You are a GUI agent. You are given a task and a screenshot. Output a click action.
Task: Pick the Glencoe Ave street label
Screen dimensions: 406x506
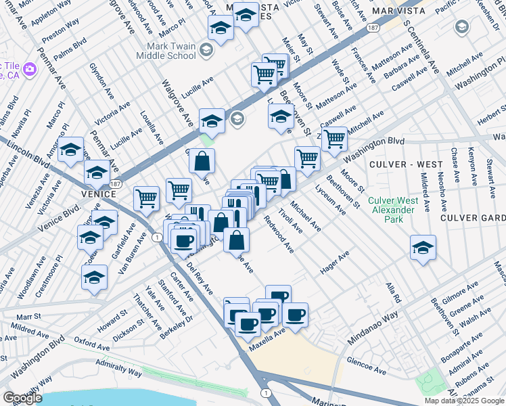[366, 366]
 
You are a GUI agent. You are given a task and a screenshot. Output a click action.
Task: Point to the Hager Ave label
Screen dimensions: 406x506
[334, 261]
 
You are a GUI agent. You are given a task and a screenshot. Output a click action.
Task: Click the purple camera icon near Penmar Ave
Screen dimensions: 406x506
[29, 69]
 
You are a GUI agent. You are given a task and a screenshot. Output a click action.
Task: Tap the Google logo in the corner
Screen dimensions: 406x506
[22, 398]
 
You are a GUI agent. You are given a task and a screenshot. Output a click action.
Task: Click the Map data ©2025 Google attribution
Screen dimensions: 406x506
[464, 401]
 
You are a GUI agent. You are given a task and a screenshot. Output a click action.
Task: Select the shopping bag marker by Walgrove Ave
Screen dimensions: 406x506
[202, 161]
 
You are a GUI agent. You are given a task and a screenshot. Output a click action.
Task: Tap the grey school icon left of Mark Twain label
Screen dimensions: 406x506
[207, 51]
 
